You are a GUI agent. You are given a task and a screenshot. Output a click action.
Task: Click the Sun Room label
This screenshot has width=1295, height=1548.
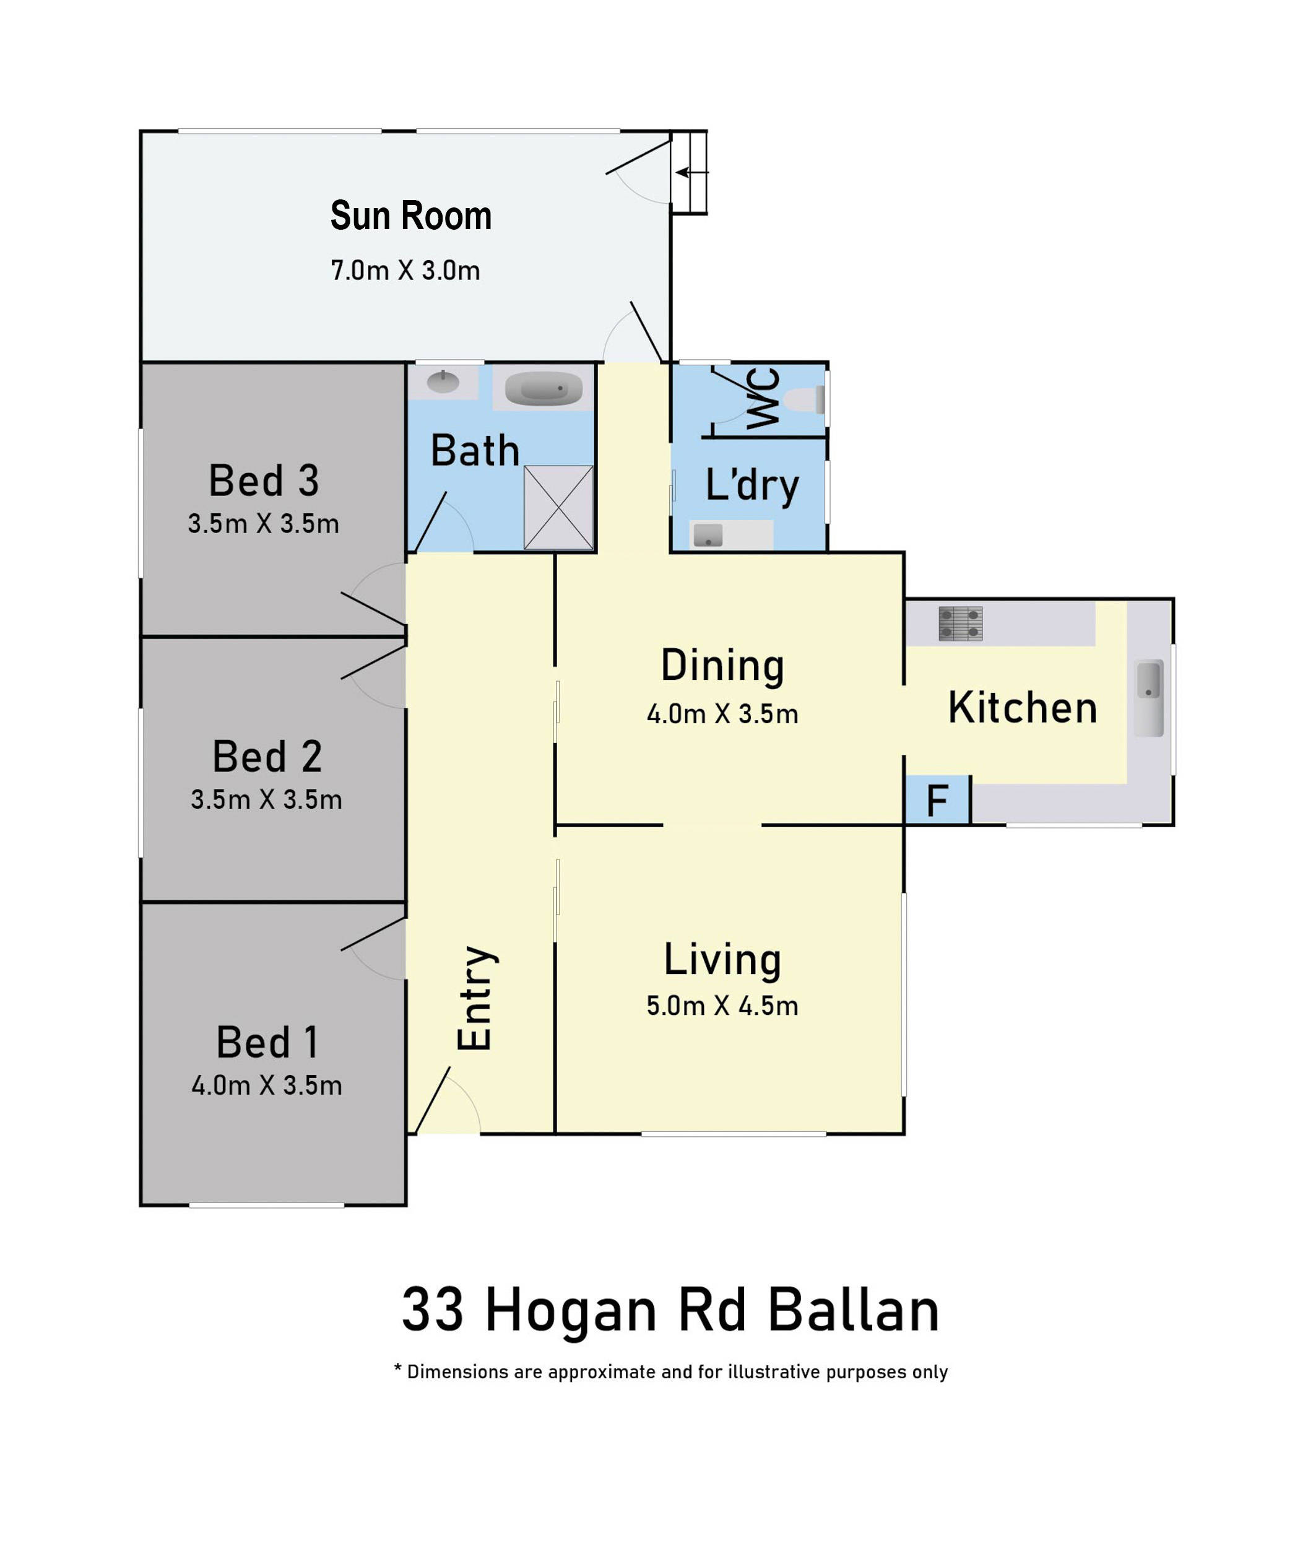point(410,215)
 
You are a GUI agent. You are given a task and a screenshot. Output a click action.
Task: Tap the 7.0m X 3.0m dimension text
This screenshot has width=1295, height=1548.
point(405,271)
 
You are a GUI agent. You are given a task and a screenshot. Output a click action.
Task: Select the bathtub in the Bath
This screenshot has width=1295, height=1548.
point(544,388)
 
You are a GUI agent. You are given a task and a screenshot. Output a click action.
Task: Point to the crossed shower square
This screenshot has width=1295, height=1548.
point(559,507)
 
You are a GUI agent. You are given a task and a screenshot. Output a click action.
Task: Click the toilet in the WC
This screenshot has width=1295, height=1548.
point(804,400)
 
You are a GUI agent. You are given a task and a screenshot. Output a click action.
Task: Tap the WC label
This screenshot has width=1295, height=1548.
point(764,398)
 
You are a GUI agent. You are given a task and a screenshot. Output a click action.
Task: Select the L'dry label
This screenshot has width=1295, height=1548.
point(751,486)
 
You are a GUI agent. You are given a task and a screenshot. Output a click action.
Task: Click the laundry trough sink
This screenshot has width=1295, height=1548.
point(708,534)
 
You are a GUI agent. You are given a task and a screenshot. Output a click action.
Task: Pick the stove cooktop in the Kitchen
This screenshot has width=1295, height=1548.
point(960,623)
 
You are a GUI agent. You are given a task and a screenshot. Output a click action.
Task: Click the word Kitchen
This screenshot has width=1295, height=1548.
point(1022,708)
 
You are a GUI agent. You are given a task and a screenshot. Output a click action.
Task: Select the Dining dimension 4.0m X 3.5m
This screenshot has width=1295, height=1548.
point(722,713)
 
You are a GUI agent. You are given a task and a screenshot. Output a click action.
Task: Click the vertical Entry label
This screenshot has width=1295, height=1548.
point(475,998)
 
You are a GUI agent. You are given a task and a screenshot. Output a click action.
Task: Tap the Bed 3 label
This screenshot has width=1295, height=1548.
point(264,480)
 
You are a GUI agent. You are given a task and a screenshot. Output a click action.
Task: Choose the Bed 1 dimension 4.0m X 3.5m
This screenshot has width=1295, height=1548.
point(267,1085)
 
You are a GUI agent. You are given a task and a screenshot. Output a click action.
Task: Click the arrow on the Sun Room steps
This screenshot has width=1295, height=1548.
point(692,173)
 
